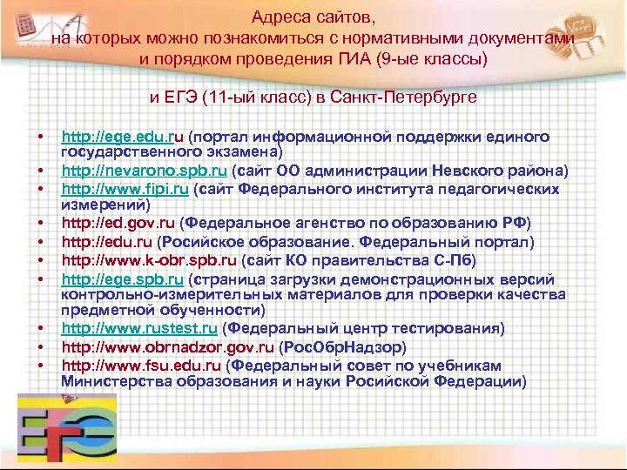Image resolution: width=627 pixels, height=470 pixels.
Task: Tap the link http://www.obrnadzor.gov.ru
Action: (158, 346)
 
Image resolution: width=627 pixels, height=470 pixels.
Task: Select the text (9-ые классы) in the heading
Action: (436, 59)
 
